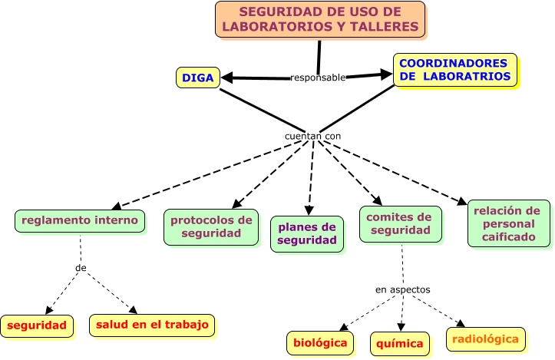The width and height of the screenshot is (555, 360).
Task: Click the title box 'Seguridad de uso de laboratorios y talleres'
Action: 320,19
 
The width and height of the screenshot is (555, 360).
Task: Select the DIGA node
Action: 197,78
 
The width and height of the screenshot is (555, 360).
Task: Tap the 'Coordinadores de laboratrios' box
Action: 454,70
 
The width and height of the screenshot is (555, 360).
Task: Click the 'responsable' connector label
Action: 318,77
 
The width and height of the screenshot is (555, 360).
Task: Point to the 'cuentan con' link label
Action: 312,136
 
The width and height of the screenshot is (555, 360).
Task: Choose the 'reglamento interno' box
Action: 80,221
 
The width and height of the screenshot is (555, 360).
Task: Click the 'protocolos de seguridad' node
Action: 211,226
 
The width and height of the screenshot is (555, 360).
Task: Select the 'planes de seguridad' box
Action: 306,233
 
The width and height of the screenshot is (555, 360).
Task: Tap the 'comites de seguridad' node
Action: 401,223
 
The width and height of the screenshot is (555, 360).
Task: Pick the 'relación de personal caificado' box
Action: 508,223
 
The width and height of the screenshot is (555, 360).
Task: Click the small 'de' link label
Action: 81,268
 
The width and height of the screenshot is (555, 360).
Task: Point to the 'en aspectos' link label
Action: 402,289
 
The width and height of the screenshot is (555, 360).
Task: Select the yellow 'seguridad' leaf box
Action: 37,325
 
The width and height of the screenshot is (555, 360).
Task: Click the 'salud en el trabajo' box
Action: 152,325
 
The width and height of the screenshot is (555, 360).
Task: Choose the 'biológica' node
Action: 321,342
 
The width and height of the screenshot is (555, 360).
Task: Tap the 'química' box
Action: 401,344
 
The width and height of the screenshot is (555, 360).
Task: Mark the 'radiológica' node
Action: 485,339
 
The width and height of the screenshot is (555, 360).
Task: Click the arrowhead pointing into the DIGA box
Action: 227,78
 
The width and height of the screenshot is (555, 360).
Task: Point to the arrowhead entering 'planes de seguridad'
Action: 309,210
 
